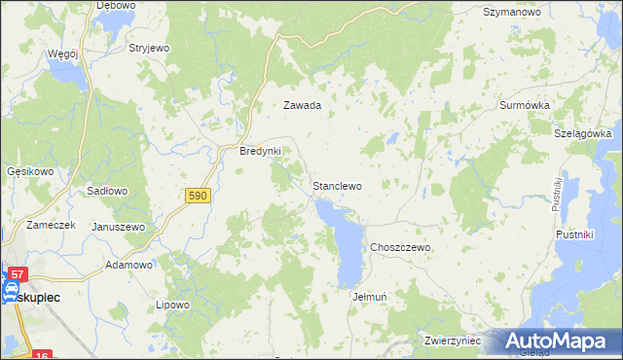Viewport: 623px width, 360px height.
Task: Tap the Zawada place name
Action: point(302,105)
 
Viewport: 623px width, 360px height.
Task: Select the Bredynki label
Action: point(260,152)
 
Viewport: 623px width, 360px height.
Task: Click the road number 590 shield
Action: point(198,196)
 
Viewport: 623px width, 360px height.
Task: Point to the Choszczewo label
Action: point(399,248)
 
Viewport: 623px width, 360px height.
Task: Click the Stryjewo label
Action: point(150,47)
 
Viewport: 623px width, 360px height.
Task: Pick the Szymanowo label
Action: point(512,13)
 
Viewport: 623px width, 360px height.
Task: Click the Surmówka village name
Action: point(525,104)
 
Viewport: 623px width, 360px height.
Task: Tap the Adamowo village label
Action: point(129,265)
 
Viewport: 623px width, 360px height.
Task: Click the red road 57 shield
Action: point(19,275)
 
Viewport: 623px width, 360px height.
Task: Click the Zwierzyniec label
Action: point(453,342)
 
